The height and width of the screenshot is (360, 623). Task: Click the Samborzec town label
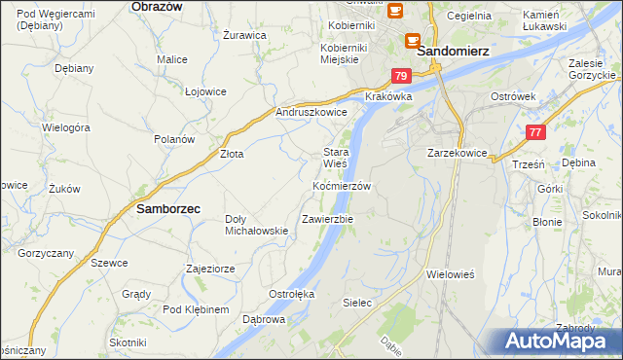(168, 208)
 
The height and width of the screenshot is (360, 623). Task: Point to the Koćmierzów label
(342, 185)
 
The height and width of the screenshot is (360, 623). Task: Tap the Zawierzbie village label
(327, 219)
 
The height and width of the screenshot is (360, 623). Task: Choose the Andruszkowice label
(311, 112)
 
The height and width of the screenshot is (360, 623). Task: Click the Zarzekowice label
(457, 153)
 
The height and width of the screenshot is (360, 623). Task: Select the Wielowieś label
(450, 274)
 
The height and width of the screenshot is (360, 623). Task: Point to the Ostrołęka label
(291, 293)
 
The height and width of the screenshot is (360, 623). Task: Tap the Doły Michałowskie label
(256, 225)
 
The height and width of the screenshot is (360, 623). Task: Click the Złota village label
(231, 154)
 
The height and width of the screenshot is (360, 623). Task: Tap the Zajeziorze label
(209, 268)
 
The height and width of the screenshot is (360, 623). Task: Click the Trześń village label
(527, 165)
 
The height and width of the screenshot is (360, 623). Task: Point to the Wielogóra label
(65, 127)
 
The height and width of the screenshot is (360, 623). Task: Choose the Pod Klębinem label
(195, 309)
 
